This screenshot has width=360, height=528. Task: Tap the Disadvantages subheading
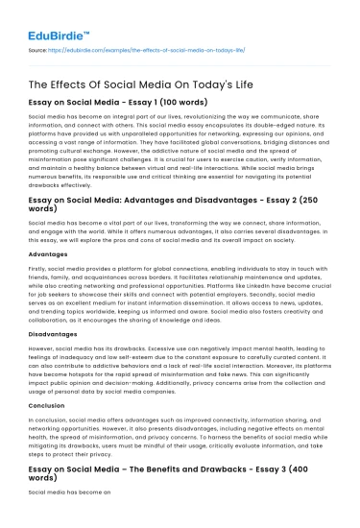[x=57, y=348]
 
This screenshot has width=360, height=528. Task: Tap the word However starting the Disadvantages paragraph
[x=43, y=365]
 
